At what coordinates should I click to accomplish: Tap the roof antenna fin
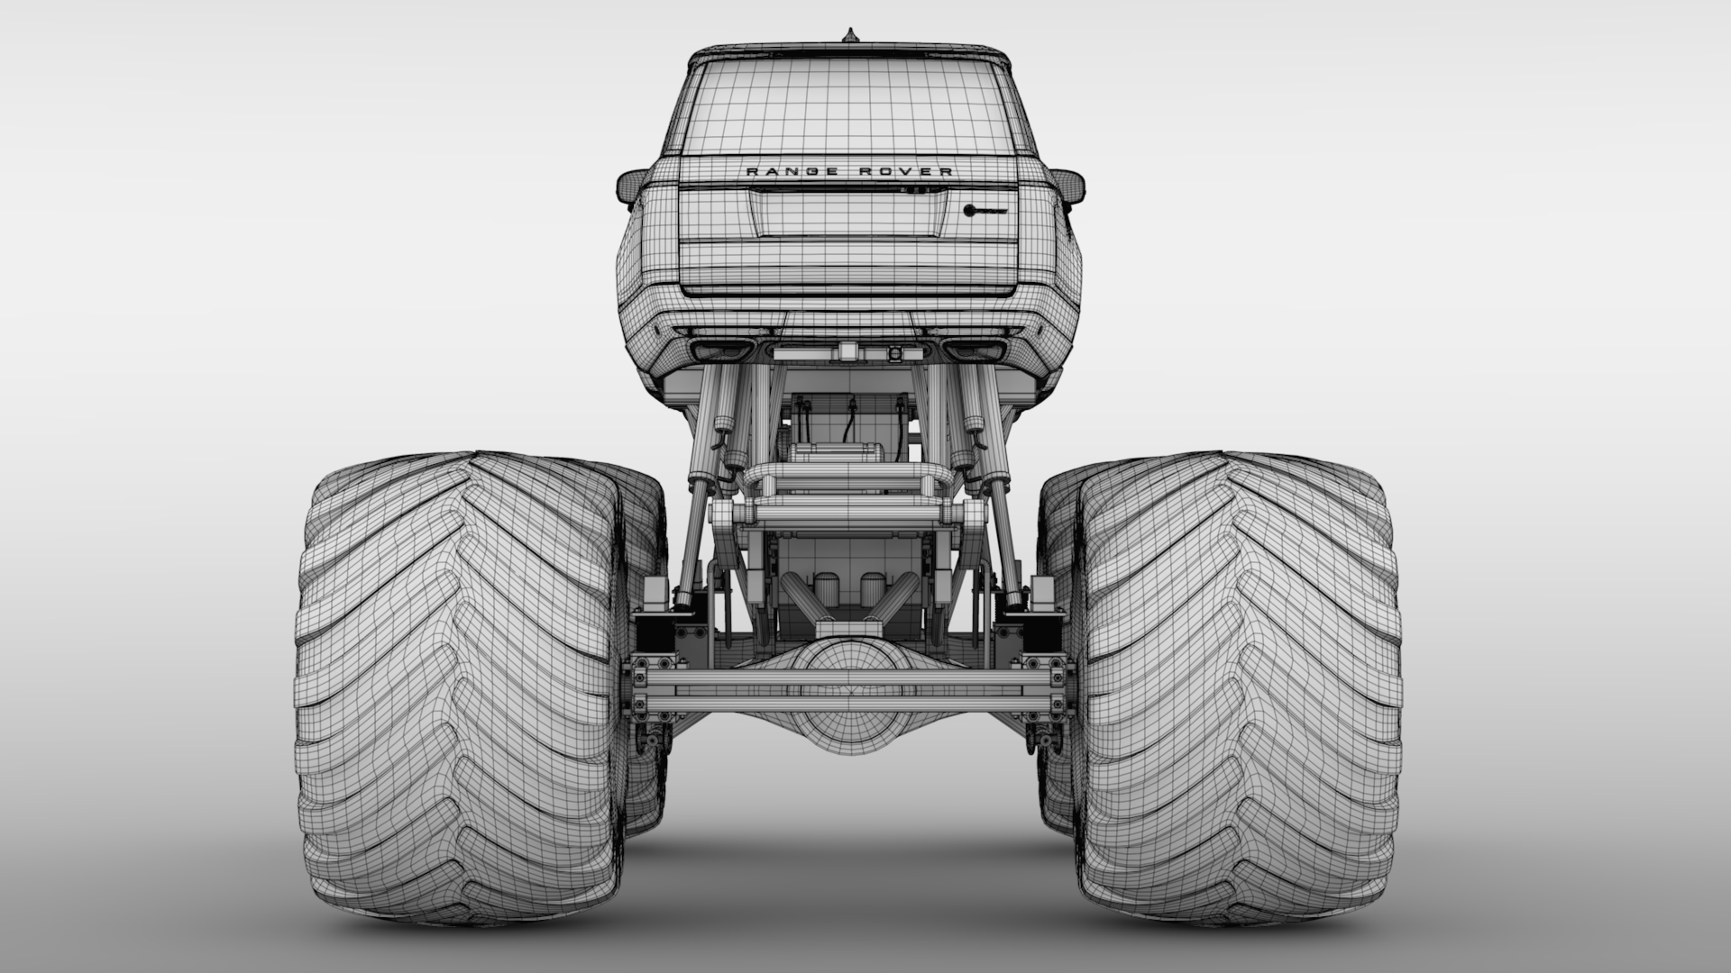848,36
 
